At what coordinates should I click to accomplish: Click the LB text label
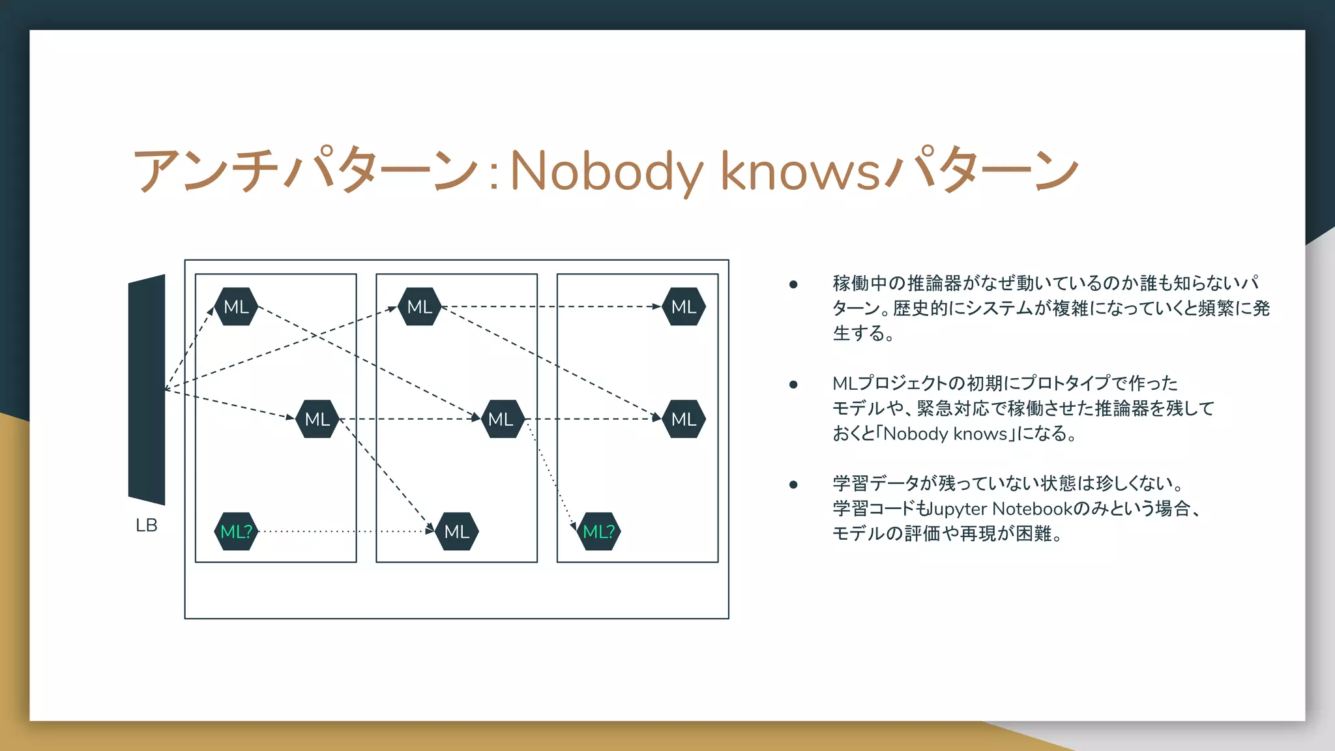click(146, 525)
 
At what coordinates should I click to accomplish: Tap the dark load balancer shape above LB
click(147, 389)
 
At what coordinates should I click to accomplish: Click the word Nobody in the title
click(607, 171)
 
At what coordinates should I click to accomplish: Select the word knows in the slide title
click(800, 171)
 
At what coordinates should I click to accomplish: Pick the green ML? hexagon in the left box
click(236, 532)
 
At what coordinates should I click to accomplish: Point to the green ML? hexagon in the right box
click(598, 532)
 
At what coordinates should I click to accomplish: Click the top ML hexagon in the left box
click(236, 306)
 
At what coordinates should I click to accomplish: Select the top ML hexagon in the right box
click(684, 306)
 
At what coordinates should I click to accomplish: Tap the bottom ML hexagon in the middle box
click(457, 532)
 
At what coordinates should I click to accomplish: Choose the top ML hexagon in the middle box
click(420, 306)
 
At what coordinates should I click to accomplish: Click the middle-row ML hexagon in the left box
click(317, 419)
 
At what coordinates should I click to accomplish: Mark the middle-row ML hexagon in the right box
click(684, 419)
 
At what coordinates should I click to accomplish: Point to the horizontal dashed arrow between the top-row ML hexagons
click(551, 306)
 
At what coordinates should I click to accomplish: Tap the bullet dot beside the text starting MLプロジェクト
click(793, 385)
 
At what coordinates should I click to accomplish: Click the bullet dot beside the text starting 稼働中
click(793, 284)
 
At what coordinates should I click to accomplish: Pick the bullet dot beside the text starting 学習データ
click(793, 484)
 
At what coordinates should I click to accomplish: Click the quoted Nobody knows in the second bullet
click(946, 434)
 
